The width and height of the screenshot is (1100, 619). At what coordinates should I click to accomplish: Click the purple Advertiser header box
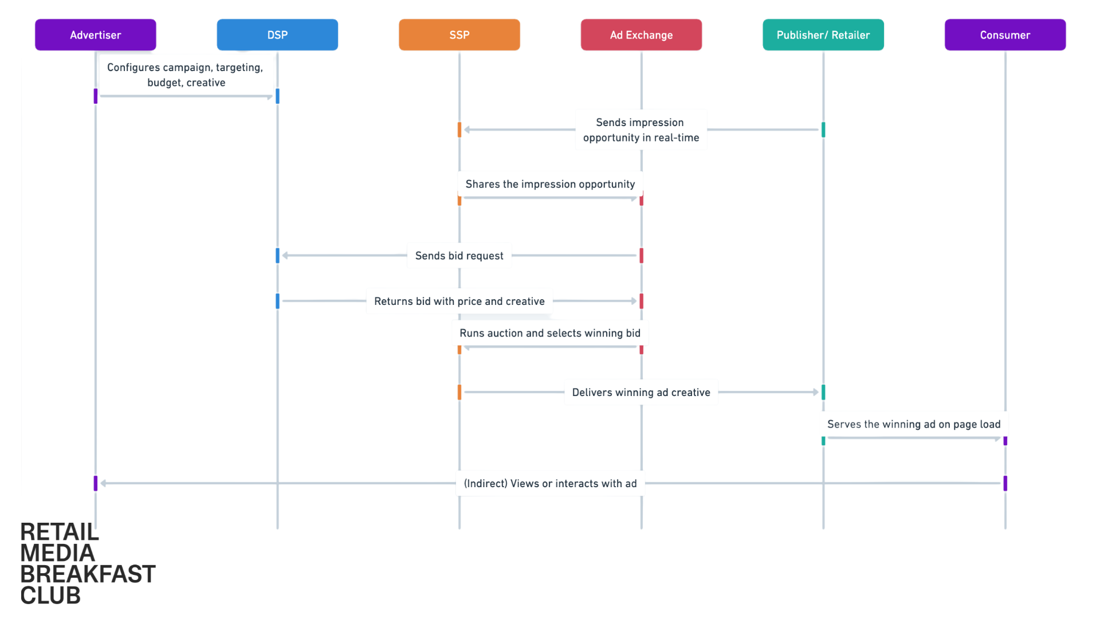tap(95, 35)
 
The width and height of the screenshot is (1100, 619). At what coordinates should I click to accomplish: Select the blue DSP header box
tap(277, 35)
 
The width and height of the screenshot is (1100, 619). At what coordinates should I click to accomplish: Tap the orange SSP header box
tap(459, 35)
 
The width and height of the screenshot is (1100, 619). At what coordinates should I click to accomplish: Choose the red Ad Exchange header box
tap(641, 35)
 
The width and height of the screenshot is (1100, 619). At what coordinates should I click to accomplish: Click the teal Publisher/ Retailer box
tap(823, 35)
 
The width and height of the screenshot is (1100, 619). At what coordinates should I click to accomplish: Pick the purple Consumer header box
tap(1005, 35)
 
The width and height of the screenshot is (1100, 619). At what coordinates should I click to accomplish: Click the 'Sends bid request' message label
tap(459, 256)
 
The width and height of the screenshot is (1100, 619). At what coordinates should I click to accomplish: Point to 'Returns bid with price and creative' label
tap(459, 301)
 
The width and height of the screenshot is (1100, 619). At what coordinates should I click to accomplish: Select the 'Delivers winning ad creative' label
tap(641, 392)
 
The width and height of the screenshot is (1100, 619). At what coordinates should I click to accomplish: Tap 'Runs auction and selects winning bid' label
tap(549, 333)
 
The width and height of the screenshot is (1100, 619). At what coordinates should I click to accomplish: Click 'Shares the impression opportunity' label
tap(549, 184)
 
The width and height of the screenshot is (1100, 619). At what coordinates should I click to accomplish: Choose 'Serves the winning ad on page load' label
tap(913, 424)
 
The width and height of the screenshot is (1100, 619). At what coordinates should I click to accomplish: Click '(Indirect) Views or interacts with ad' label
tap(549, 483)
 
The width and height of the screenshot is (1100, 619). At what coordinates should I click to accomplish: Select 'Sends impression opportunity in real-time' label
tap(641, 130)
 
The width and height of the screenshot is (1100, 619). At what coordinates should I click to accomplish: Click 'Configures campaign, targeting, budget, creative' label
tap(186, 75)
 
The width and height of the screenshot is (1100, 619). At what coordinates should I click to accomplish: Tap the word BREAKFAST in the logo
tap(88, 574)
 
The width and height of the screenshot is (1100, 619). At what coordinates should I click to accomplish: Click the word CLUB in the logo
tap(50, 596)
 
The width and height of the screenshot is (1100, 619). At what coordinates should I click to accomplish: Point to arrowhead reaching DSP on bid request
tap(285, 256)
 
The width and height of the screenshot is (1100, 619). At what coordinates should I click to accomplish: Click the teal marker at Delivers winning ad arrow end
tap(823, 392)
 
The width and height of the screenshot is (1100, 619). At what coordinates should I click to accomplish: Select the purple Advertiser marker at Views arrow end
tap(96, 483)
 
